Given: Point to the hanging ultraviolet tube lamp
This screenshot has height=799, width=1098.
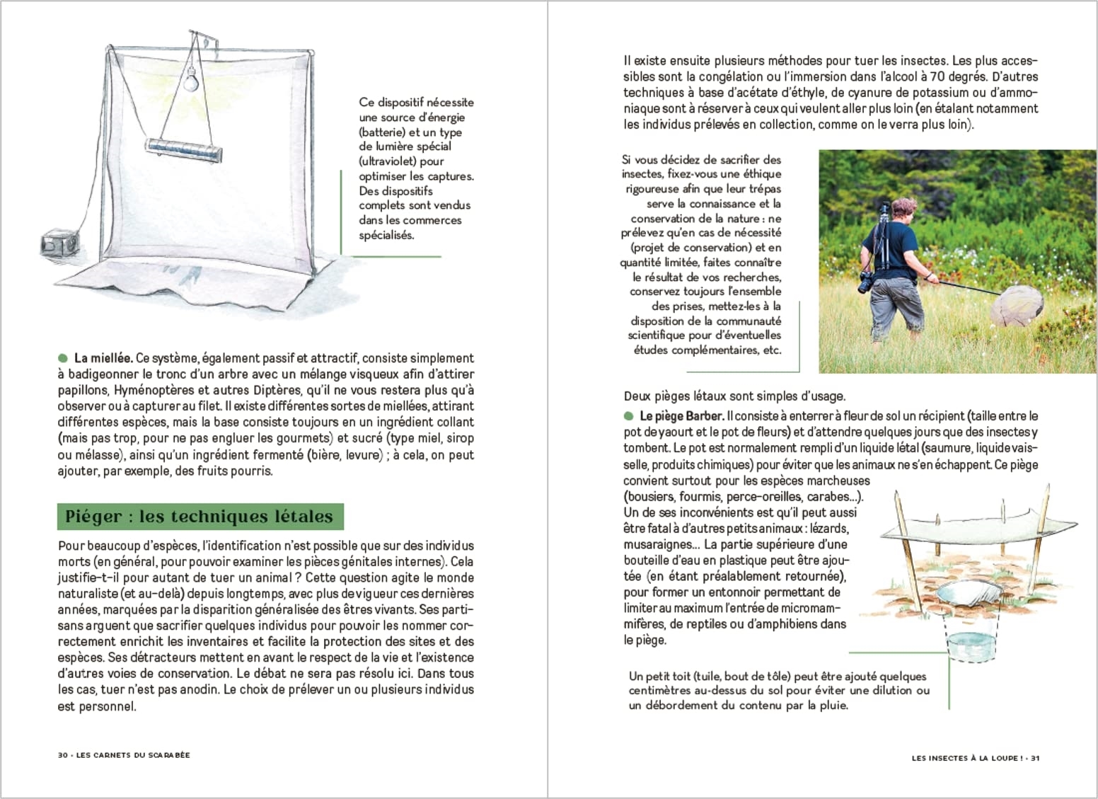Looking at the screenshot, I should (183, 148).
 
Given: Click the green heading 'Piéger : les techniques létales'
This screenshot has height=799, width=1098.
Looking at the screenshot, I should (200, 517).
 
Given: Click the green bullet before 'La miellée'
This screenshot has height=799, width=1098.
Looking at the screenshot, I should (63, 358).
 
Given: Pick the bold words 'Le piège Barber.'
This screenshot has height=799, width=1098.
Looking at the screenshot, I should (681, 416).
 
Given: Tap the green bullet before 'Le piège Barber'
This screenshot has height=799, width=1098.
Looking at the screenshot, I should (629, 416).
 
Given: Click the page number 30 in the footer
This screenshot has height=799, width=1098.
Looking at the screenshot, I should (62, 755).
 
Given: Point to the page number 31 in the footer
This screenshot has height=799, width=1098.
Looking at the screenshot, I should (1034, 758).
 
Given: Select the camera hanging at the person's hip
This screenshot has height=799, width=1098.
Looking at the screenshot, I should (866, 281).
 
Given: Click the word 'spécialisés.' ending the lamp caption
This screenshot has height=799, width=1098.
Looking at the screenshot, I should (386, 235).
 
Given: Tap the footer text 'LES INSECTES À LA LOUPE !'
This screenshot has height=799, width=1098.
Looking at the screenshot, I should (966, 758).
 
